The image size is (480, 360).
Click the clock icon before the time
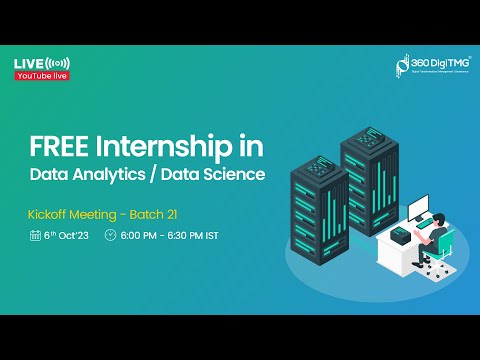pyautogui.click(x=110, y=237)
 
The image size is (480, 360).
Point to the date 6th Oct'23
pyautogui.click(x=68, y=237)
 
